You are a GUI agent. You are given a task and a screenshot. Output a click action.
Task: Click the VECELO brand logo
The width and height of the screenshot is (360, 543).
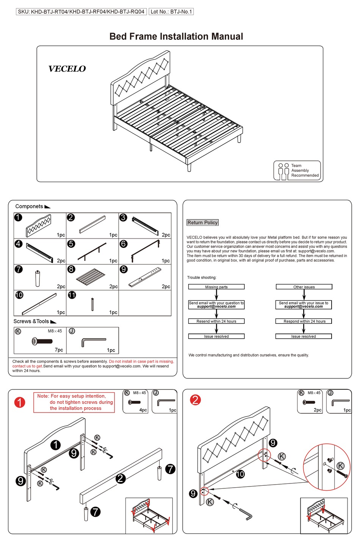(x=67, y=69)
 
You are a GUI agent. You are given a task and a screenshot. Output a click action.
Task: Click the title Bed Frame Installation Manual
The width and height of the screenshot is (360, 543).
(x=176, y=36)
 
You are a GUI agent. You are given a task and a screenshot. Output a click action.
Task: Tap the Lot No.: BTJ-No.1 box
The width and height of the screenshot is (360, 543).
(x=171, y=12)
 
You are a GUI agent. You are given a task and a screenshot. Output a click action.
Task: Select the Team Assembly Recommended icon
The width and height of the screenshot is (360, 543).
(x=297, y=171)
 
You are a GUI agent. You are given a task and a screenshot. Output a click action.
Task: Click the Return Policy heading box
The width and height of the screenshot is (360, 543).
(x=203, y=223)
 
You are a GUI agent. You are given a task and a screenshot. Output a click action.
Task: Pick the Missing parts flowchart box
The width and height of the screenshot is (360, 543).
(x=216, y=287)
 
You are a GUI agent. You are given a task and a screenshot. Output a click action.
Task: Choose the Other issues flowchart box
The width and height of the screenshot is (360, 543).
(x=304, y=287)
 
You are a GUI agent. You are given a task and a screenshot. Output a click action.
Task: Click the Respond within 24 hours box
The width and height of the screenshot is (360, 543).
(x=304, y=321)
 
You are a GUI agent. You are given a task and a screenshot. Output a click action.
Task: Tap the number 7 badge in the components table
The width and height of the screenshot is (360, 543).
(x=19, y=269)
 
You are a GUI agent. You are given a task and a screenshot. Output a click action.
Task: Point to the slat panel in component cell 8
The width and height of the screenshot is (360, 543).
(x=91, y=278)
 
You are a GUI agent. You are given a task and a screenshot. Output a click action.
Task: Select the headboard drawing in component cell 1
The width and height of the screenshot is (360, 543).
(x=39, y=226)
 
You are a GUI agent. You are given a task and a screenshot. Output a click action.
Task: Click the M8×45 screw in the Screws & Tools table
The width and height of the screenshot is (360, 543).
(x=42, y=341)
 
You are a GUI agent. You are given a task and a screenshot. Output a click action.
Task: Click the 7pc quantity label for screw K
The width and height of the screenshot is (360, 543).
(x=59, y=350)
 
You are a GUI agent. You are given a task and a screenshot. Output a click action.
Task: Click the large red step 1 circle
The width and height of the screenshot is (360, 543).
(x=20, y=402)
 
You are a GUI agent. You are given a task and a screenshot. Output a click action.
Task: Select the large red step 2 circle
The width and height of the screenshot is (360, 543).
(x=195, y=400)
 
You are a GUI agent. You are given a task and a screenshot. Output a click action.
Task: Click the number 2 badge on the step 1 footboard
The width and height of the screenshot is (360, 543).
(x=121, y=479)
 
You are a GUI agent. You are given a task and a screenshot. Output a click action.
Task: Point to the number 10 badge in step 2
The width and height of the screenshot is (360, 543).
(x=240, y=474)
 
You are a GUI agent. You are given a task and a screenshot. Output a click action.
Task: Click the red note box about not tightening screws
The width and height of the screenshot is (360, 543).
(x=74, y=402)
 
